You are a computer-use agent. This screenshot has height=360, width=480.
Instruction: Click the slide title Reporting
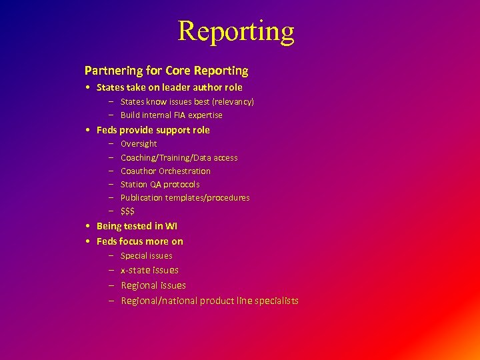pyautogui.click(x=236, y=31)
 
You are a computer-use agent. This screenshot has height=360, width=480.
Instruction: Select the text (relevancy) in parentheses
pyautogui.click(x=234, y=102)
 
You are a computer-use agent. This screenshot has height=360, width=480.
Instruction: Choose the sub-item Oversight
pyautogui.click(x=139, y=144)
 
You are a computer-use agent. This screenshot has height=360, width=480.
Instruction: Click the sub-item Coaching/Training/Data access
pyautogui.click(x=179, y=158)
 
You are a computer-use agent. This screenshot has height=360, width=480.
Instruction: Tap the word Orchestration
pyautogui.click(x=185, y=171)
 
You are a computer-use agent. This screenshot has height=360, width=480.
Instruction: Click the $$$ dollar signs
pyautogui.click(x=127, y=211)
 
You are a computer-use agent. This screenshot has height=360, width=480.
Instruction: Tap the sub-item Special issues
pyautogui.click(x=146, y=256)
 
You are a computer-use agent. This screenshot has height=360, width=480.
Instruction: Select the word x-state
pyautogui.click(x=135, y=270)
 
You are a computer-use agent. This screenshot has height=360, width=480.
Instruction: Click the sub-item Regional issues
pyautogui.click(x=153, y=285)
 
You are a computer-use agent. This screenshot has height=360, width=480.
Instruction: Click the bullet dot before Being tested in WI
pyautogui.click(x=88, y=227)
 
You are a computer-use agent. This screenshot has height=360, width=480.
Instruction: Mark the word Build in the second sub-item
pyautogui.click(x=129, y=115)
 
